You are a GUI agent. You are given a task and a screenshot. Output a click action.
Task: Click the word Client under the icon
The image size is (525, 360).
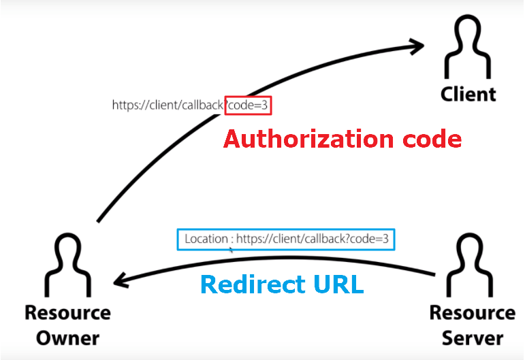point(468,94)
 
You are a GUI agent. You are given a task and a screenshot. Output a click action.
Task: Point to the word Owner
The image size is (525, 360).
point(67,338)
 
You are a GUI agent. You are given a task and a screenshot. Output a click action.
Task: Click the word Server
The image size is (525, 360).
point(473,338)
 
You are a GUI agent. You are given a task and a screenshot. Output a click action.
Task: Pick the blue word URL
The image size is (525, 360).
point(338,284)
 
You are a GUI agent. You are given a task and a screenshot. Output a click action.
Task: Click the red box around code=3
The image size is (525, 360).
point(249,105)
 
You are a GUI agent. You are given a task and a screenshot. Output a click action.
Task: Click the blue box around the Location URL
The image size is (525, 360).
point(286,239)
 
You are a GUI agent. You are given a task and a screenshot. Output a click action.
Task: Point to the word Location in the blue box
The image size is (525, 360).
point(206,239)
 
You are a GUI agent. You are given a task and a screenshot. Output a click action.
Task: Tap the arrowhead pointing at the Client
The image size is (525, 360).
point(417,46)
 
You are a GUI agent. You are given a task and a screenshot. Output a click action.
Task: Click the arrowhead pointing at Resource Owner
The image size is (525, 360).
point(123,280)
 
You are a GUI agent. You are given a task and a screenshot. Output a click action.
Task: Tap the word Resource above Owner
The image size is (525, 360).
point(67,313)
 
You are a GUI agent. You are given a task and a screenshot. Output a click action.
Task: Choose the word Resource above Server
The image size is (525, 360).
point(473,313)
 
